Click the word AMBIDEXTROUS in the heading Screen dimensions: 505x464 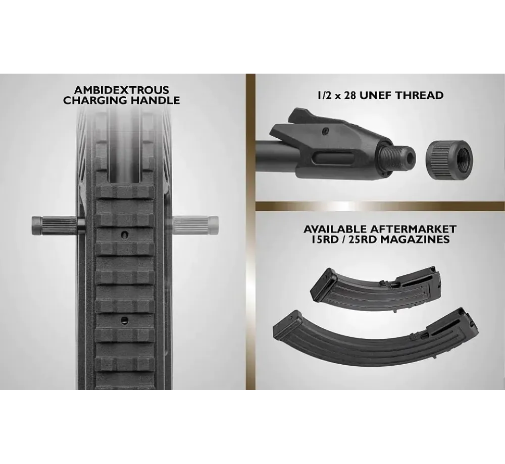click(121, 90)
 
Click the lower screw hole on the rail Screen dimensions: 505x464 click(124, 320)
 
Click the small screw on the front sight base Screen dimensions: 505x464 click(326, 131)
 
